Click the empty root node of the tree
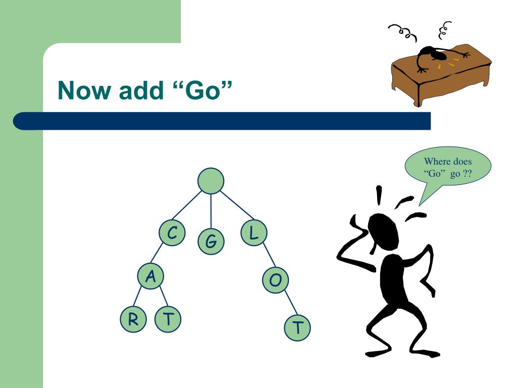click(211, 181)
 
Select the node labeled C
click(172, 232)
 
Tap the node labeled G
click(211, 241)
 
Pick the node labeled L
click(254, 232)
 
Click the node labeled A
click(150, 276)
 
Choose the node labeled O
click(275, 280)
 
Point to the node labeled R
click(133, 319)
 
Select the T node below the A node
click(168, 319)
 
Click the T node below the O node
click(297, 327)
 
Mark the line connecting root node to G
click(211, 211)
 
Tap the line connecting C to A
click(157, 254)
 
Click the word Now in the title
click(84, 90)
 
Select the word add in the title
click(141, 90)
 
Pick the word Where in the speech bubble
click(436, 161)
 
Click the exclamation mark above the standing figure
click(379, 195)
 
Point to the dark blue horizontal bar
click(222, 121)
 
